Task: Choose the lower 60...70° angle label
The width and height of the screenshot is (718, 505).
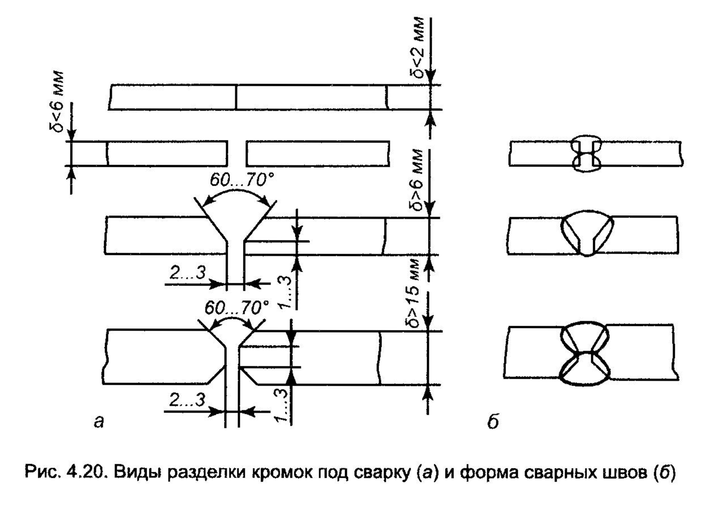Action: pos(237,308)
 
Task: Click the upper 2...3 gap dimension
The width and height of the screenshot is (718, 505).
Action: pos(188,273)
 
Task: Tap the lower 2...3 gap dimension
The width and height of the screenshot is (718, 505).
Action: pos(187,400)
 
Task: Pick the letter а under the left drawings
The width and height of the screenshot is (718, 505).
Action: pos(99,422)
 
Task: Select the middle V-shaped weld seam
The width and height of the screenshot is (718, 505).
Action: pos(587,233)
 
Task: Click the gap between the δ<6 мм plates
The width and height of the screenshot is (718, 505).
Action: pos(237,153)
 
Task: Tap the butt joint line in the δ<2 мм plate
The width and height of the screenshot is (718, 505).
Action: pos(236,97)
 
